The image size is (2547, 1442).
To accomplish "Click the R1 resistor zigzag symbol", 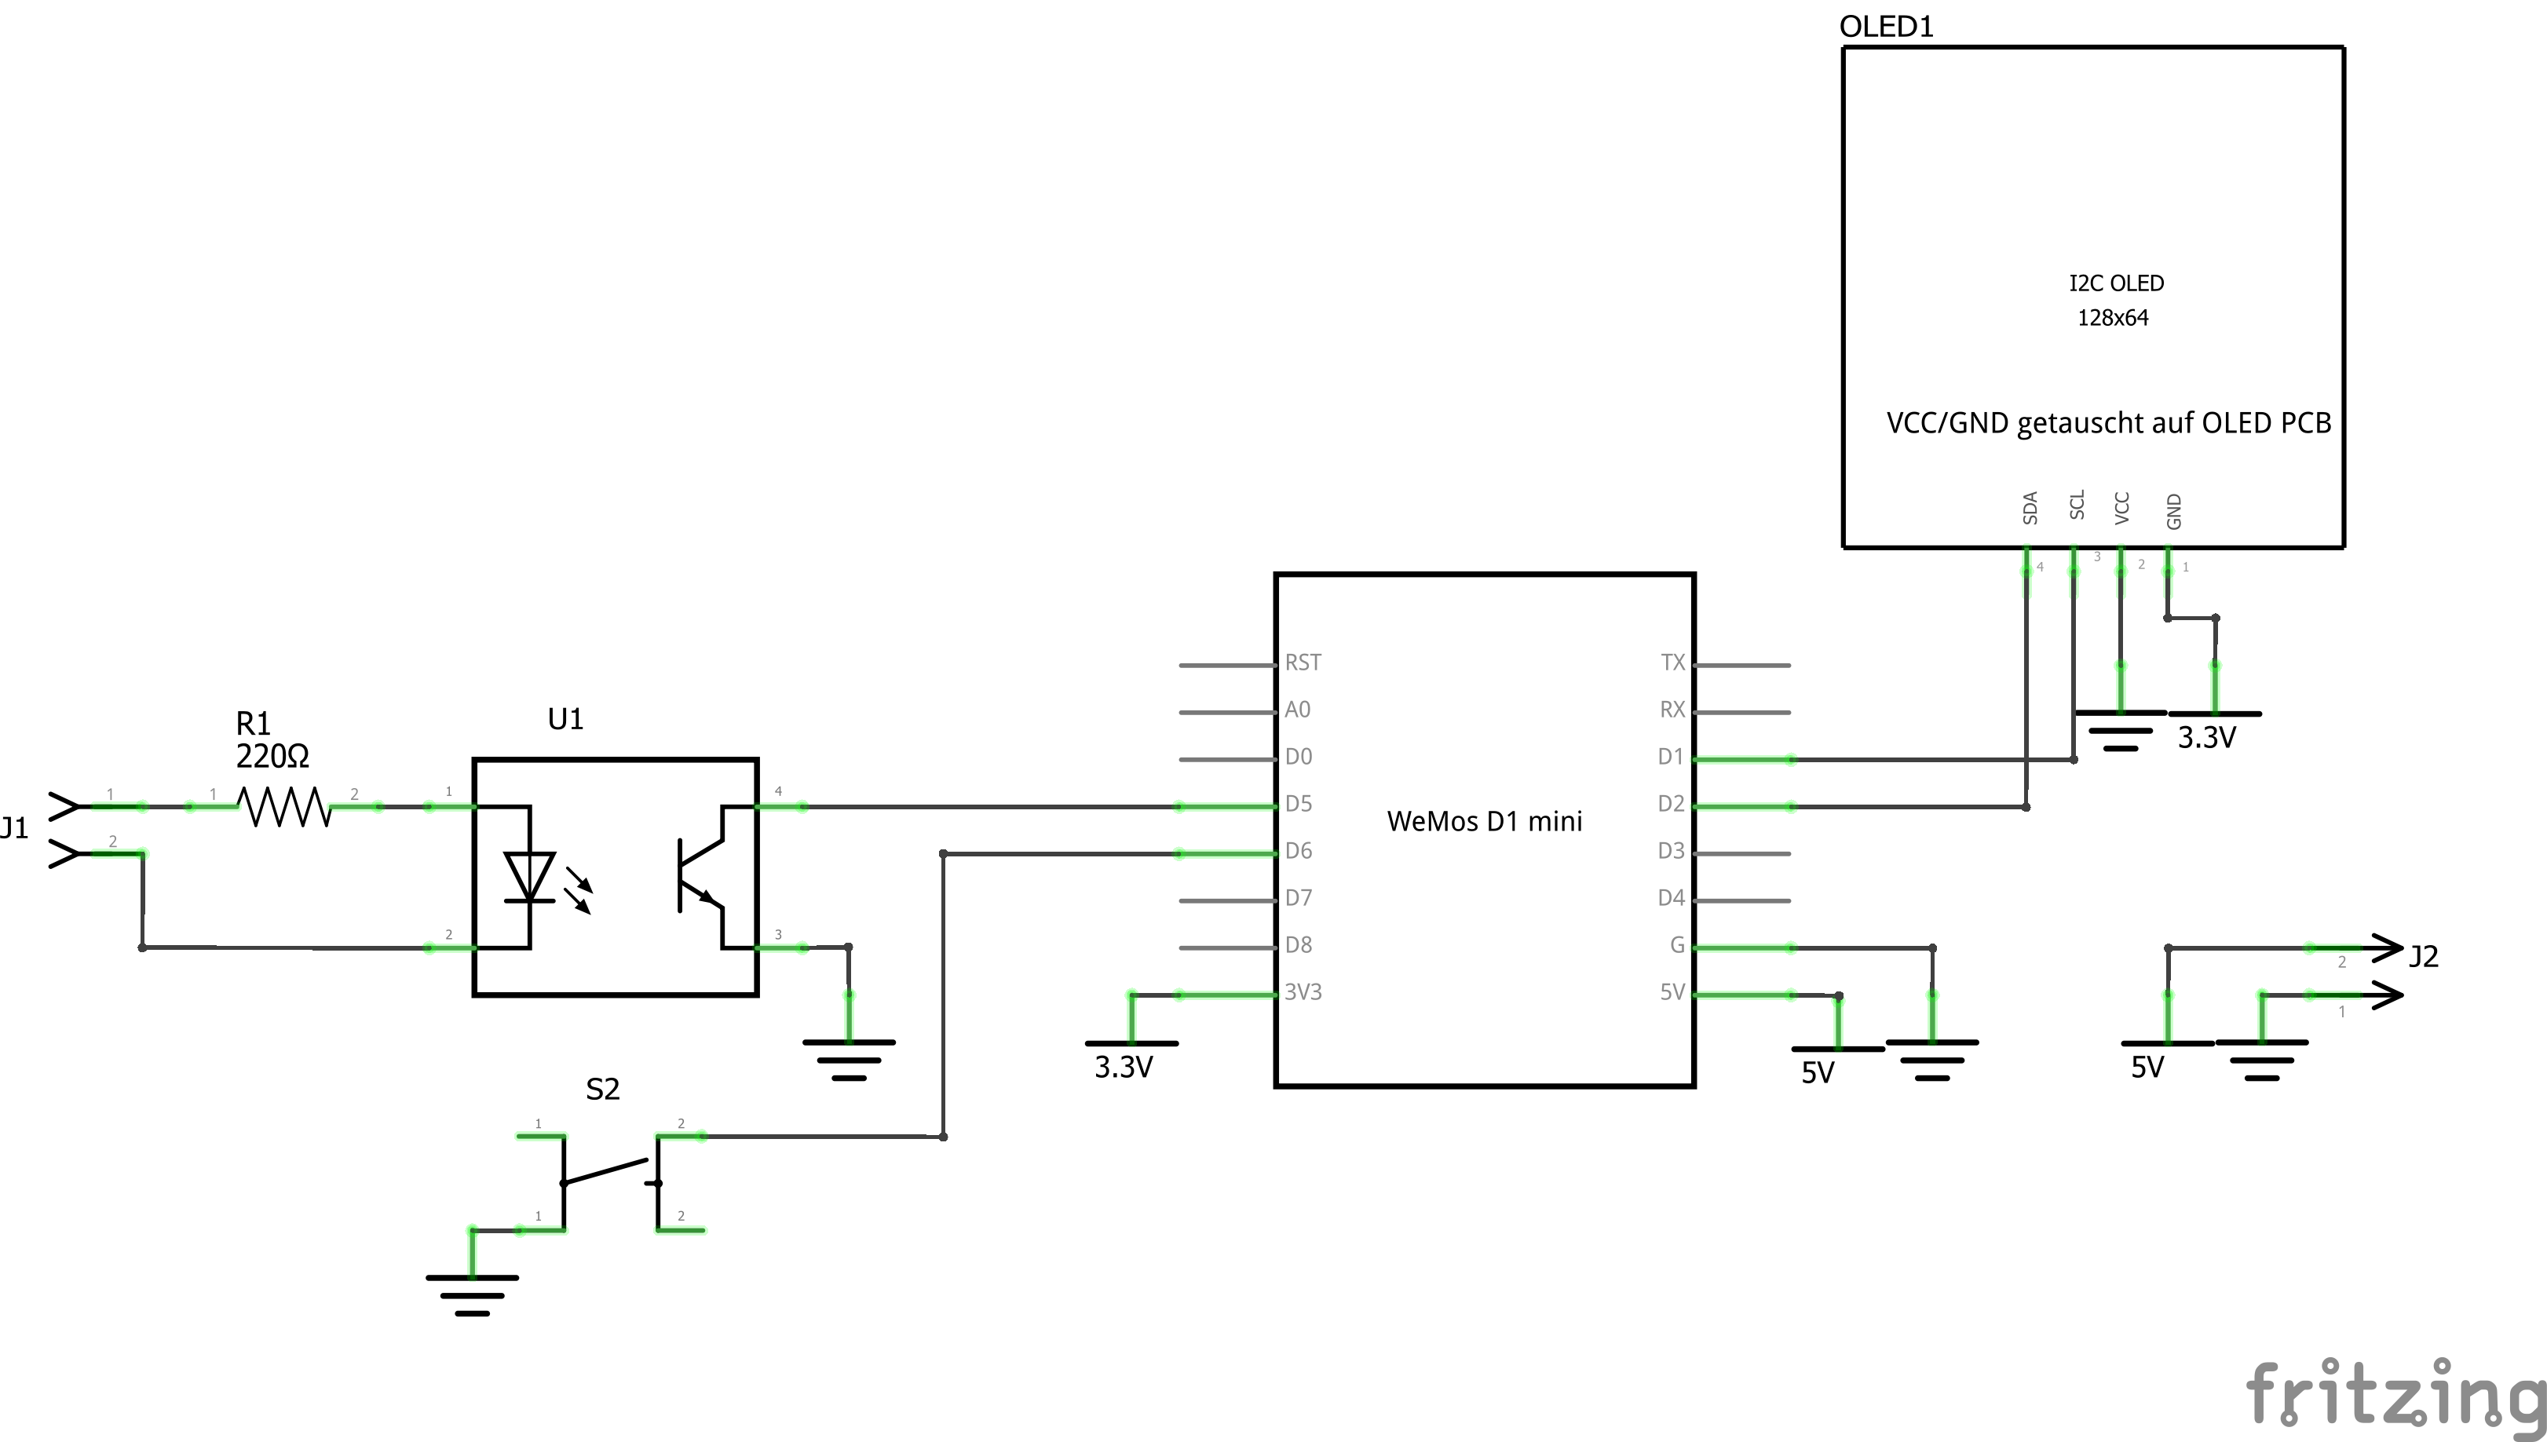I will click(x=284, y=807).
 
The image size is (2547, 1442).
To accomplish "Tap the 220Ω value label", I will click(x=272, y=757).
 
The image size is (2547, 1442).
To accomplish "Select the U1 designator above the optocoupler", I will click(x=565, y=719).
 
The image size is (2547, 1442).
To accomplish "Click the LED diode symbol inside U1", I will click(x=530, y=878).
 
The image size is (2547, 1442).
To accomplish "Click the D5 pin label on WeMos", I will click(x=1299, y=803).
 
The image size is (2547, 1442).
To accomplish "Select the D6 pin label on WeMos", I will click(x=1299, y=851).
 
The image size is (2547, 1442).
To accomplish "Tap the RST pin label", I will click(x=1303, y=663).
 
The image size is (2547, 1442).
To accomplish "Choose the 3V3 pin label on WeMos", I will click(x=1303, y=991).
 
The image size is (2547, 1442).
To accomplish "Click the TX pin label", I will click(x=1672, y=663).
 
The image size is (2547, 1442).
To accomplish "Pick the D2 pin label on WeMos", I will click(x=1671, y=803).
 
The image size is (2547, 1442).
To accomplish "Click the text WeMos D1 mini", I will click(x=1485, y=821).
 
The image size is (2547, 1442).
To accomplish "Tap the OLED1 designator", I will click(x=1885, y=27).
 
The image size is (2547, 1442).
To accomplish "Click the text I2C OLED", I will click(x=2116, y=283).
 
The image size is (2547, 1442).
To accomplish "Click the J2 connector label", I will click(x=2423, y=956).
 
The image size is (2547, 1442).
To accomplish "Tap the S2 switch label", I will click(x=602, y=1090).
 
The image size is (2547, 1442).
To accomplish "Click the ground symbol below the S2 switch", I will click(x=473, y=1292).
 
